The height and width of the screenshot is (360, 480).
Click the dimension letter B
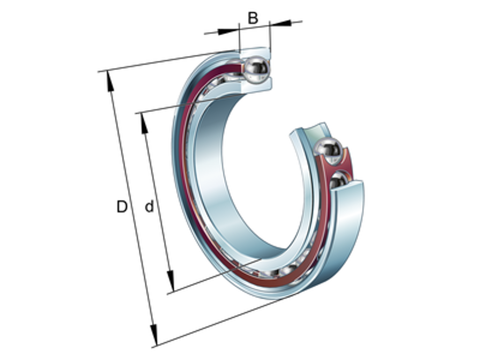coord(253,18)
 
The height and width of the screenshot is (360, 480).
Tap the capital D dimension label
coord(122,206)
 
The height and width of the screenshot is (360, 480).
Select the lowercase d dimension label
coord(149,206)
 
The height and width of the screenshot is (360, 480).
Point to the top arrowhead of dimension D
coord(110,80)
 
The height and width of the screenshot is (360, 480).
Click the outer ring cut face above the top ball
coord(255,51)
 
